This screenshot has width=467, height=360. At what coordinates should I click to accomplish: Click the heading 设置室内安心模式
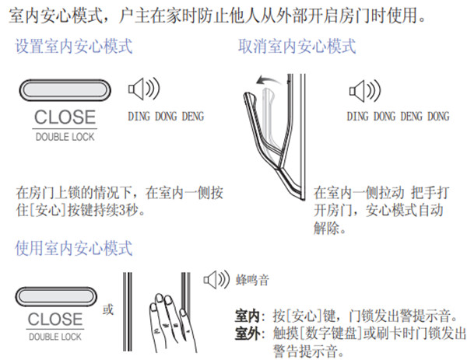pos(74,46)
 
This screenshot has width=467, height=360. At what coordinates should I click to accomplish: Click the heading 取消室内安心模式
pos(297,46)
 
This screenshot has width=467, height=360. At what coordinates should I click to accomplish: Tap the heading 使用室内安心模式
pos(74,248)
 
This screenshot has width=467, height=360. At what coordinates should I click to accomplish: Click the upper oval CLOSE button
pos(65,90)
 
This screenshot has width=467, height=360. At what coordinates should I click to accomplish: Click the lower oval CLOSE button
pos(56,296)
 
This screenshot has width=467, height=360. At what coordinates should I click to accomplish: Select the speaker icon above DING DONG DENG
pos(144,89)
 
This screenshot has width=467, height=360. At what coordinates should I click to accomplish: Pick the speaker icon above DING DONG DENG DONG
pos(365,91)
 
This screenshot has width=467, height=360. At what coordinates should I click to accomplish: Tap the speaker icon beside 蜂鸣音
pos(216,280)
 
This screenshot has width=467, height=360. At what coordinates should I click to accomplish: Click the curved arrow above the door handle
pos(269,80)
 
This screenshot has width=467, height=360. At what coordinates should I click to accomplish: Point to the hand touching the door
pos(172,323)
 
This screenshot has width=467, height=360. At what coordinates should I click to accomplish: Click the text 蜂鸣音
pos(252,280)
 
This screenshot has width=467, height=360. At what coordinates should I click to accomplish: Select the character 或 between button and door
pos(108,309)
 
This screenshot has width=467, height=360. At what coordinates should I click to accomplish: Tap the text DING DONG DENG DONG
pos(398,116)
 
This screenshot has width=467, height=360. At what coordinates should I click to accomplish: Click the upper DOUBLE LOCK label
pos(65,137)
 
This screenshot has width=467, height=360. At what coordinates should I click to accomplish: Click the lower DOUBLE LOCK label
pos(55,337)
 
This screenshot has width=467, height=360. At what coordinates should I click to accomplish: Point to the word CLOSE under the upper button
pos(65,117)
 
